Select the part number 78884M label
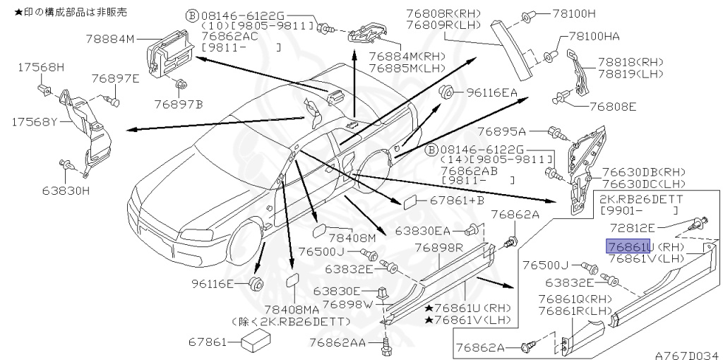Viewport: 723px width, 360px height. coord(109,40)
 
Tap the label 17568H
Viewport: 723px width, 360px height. coord(40,67)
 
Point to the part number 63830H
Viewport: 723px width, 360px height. coord(65,190)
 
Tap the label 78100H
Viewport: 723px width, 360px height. coord(574,13)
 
